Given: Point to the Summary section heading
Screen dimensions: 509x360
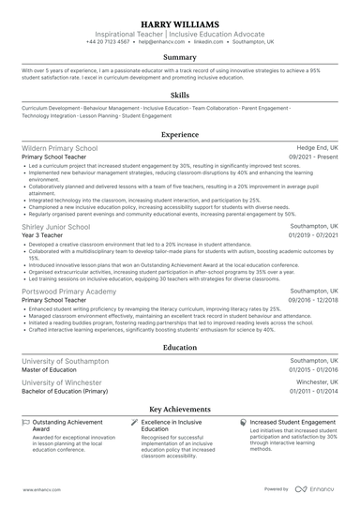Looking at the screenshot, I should [x=179, y=57].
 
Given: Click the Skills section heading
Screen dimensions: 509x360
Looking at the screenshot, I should [x=179, y=95].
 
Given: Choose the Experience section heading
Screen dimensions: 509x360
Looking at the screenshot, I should [x=179, y=135].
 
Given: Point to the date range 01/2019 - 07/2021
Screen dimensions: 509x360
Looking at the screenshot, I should [x=314, y=235].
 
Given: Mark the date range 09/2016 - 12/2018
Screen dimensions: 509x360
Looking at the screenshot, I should [x=314, y=301].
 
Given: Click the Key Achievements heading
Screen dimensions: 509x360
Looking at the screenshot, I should [x=179, y=410].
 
